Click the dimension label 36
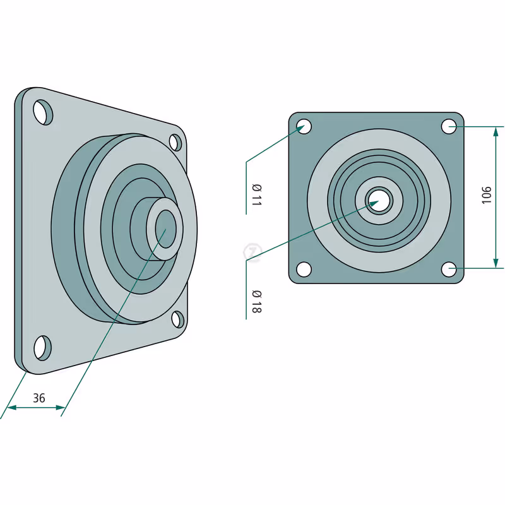(39, 398)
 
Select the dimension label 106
(486, 195)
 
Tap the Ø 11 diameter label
(257, 195)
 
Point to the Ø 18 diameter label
(257, 302)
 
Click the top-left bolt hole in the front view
(304, 126)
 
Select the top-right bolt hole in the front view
(449, 126)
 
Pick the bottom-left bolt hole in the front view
(304, 270)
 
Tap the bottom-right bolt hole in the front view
(449, 270)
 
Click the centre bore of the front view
(379, 201)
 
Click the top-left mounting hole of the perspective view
(43, 112)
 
